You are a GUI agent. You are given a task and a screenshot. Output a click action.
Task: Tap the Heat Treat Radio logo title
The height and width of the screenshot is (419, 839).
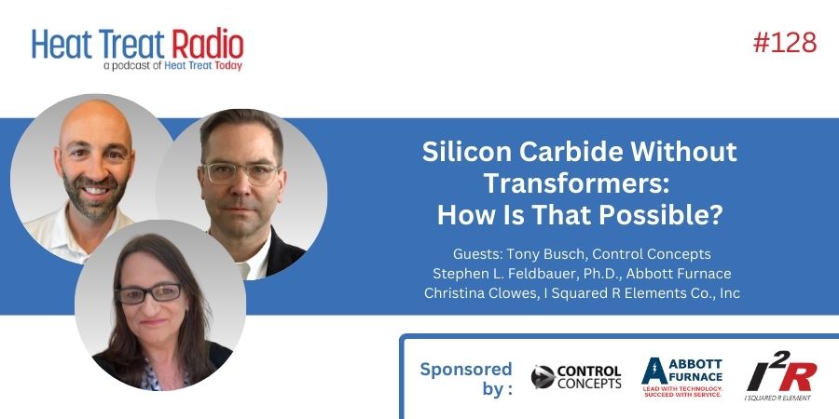tap(137, 43)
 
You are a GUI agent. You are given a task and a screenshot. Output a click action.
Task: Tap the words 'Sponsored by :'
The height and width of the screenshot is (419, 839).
tap(465, 377)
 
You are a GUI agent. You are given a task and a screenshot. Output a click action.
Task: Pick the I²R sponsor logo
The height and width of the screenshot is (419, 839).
tap(781, 377)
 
